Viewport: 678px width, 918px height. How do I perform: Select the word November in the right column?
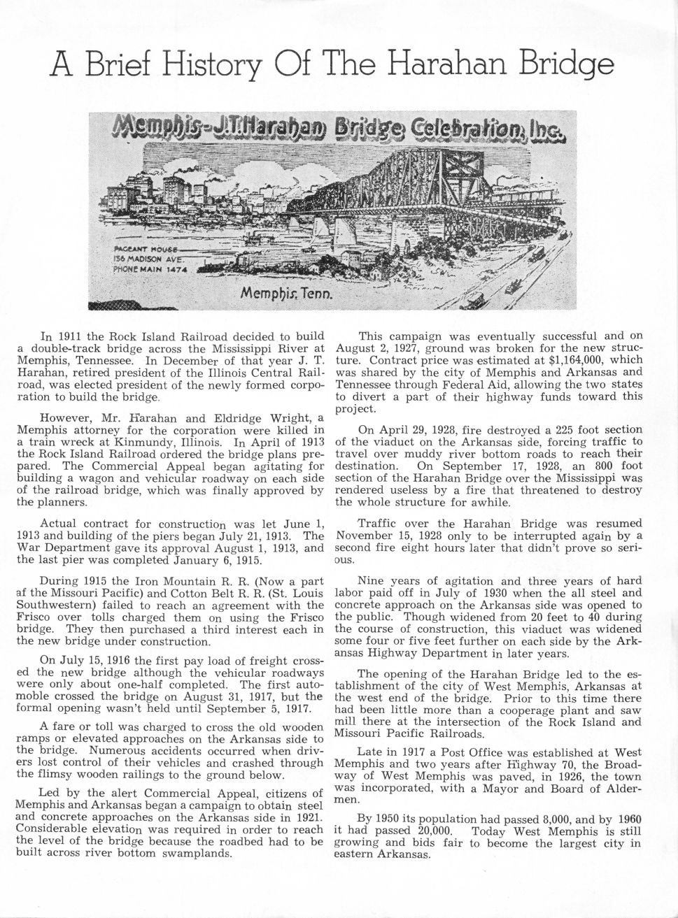click(365, 536)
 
